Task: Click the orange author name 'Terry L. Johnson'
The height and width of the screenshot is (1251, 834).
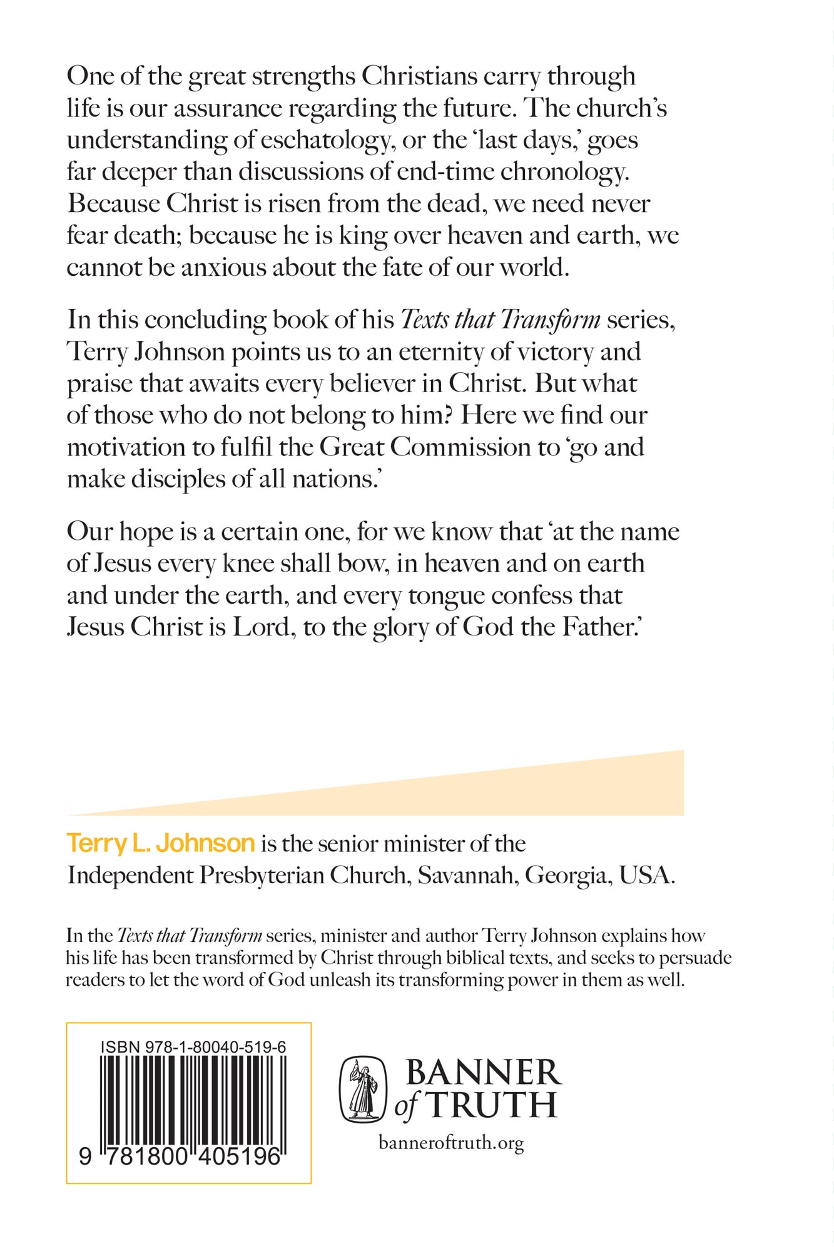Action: [161, 844]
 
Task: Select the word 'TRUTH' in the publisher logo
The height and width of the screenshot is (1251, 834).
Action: [492, 1105]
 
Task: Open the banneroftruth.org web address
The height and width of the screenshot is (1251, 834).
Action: [451, 1144]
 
